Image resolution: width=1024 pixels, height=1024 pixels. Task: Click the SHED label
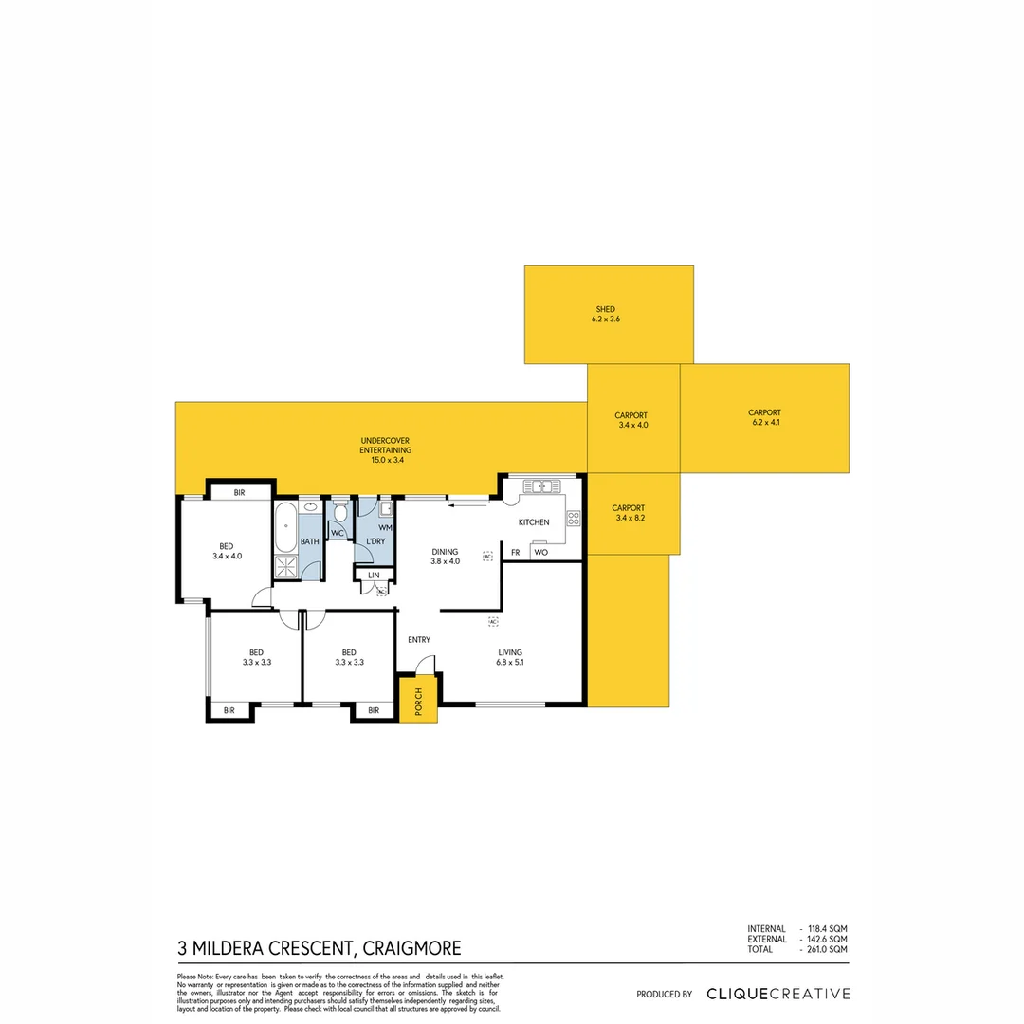click(x=606, y=310)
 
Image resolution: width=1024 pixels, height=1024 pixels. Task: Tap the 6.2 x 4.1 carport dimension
click(x=764, y=423)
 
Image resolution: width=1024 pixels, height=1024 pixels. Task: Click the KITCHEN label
click(x=534, y=522)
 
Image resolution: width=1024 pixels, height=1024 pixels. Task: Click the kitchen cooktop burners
click(x=573, y=519)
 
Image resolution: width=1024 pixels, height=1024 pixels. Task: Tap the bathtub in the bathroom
click(x=285, y=529)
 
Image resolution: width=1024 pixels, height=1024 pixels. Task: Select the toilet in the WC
click(x=340, y=513)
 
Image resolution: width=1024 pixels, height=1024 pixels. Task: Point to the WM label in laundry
click(x=385, y=526)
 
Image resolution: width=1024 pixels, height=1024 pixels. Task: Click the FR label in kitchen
click(x=515, y=552)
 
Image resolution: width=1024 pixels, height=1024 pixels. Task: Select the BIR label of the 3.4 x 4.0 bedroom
click(x=240, y=492)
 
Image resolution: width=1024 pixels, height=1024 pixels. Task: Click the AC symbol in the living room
click(x=493, y=621)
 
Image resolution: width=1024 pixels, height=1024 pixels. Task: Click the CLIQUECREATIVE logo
click(x=777, y=994)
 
